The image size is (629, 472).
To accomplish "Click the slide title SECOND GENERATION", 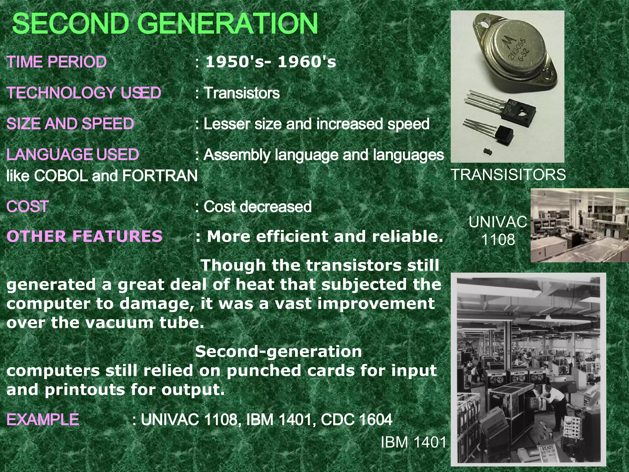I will coord(165,24).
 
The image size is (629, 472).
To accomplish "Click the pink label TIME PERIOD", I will coord(57,62).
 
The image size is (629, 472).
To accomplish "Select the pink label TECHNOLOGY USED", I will coord(84,93).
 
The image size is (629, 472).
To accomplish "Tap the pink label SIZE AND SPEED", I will coord(70,124).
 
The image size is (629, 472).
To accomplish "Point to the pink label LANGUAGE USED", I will coord(72,155).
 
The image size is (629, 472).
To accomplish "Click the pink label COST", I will coord(28,206).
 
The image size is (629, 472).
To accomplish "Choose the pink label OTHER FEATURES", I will coord(84,236).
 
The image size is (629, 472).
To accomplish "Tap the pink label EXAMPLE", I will coord(43,419).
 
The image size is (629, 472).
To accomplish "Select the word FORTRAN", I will coord(160,176).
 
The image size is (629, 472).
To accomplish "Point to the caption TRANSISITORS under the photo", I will coord(508,175).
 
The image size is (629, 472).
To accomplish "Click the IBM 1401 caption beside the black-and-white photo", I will coord(413,442).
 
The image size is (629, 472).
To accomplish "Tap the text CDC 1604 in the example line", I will coord(356,419).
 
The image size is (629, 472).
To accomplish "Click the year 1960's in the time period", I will coord(307,62).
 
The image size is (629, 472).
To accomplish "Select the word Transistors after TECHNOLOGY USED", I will coord(242,93).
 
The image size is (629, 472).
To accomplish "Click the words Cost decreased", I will coord(257,206).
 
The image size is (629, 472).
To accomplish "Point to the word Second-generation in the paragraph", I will coord(279,351).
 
